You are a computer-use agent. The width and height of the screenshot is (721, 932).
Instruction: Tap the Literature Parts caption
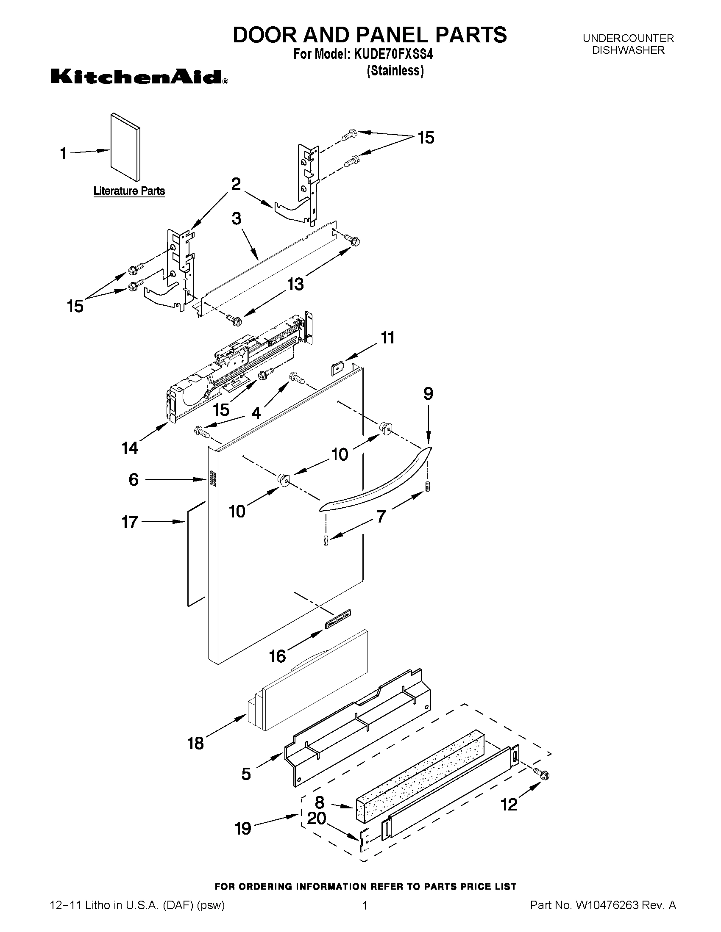pyautogui.click(x=129, y=191)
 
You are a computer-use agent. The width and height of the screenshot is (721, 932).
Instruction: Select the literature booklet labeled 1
pyautogui.click(x=125, y=147)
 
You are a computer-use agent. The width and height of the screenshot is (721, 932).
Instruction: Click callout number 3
pyautogui.click(x=236, y=218)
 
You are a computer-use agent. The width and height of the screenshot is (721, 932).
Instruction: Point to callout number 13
pyautogui.click(x=295, y=283)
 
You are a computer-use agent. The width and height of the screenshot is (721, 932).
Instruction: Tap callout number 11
pyautogui.click(x=387, y=337)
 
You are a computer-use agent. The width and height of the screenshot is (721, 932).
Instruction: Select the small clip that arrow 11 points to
pyautogui.click(x=338, y=368)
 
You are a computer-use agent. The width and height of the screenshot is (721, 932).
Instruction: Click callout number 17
pyautogui.click(x=130, y=522)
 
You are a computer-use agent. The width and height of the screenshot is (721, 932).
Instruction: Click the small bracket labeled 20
pyautogui.click(x=364, y=840)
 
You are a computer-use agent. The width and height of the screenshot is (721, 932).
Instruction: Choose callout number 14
pyautogui.click(x=130, y=448)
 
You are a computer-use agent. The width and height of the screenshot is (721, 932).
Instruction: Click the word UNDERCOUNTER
pyautogui.click(x=628, y=39)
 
